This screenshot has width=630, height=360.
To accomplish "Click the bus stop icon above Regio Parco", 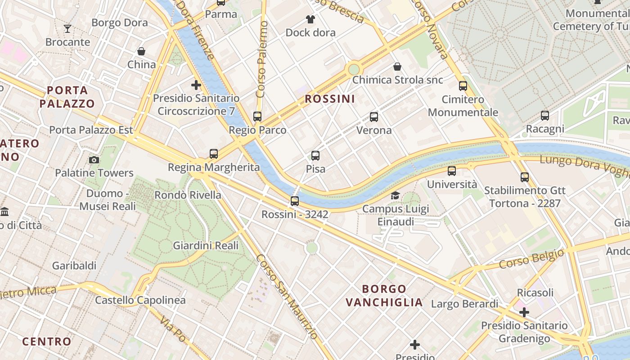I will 257,117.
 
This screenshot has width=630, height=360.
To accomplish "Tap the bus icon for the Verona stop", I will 374,117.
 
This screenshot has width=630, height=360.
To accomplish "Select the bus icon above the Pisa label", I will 315,156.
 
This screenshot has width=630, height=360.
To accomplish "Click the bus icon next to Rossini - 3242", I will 295,201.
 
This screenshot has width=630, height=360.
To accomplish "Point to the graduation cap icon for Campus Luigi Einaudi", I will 395,195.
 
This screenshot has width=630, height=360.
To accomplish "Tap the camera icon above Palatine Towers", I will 94,160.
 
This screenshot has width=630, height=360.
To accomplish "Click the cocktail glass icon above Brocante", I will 67,29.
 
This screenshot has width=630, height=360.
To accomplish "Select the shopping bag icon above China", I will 141,51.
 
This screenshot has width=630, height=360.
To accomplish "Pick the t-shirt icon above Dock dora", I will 310,19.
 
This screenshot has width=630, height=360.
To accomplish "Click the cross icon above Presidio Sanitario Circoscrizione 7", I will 196,85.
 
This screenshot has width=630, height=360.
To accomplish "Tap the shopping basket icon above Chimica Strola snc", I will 397,67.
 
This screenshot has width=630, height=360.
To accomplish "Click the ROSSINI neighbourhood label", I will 330,99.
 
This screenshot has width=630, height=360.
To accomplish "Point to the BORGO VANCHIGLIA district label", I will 384,296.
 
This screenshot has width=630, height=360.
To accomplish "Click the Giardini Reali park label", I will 206,246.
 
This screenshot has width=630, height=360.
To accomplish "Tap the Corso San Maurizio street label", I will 287,297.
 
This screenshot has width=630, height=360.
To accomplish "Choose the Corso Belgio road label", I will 531,259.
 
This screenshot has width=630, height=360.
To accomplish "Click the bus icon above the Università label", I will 452,171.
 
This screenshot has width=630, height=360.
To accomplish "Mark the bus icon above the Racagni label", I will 545,116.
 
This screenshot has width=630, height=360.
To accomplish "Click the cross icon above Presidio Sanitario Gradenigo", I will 524,312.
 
